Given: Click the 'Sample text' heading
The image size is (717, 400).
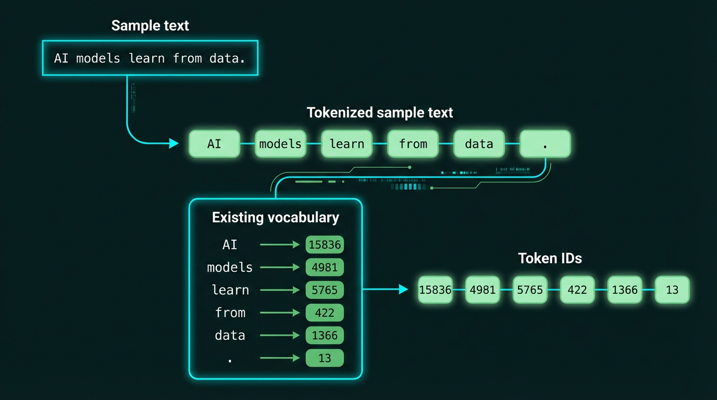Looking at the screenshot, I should click(x=150, y=26).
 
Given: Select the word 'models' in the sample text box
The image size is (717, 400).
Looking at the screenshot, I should click(x=98, y=58).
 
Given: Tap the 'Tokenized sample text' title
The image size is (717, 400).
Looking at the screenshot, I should click(x=380, y=113).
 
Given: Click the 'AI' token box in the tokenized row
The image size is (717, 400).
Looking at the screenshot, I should click(x=214, y=144).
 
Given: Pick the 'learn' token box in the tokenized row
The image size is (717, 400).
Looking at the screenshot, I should click(x=347, y=144).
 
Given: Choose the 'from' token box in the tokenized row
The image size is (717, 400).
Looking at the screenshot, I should click(x=413, y=144).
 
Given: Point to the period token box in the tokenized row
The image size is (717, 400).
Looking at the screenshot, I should click(x=545, y=144).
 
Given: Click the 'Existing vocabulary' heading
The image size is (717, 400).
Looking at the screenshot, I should click(x=275, y=217).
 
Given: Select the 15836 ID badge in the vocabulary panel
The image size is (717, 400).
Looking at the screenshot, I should click(x=325, y=245).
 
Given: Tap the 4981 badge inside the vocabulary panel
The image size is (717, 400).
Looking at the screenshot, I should click(x=325, y=268).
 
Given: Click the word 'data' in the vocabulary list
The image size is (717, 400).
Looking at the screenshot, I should click(x=230, y=335).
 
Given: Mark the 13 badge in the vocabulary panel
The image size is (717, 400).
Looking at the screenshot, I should click(x=325, y=358).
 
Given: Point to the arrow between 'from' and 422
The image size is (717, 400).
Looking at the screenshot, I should click(x=280, y=313).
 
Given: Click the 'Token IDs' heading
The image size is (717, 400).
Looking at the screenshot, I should click(x=550, y=258).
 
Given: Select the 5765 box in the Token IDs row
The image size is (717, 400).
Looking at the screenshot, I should click(x=530, y=290).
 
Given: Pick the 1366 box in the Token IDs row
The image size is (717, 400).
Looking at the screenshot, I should click(x=625, y=290).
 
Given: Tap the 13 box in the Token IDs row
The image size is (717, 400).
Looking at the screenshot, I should click(x=672, y=290).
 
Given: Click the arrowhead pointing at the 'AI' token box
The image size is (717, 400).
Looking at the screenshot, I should click(x=174, y=143).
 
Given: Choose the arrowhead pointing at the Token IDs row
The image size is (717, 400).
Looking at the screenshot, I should click(x=403, y=289).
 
